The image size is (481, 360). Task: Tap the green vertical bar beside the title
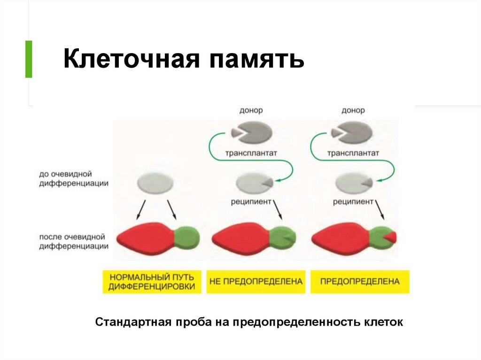[29, 59]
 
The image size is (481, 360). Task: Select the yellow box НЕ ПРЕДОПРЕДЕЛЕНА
[256, 282]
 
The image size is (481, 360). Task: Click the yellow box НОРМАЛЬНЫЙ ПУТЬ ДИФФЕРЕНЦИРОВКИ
[152, 282]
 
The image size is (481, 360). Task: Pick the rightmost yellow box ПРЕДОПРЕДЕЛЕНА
[360, 282]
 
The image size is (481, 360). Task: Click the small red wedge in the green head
[391, 237]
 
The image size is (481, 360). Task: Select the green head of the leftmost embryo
[186, 238]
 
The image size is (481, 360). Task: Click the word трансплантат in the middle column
[251, 153]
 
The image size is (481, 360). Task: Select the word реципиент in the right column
[353, 202]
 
